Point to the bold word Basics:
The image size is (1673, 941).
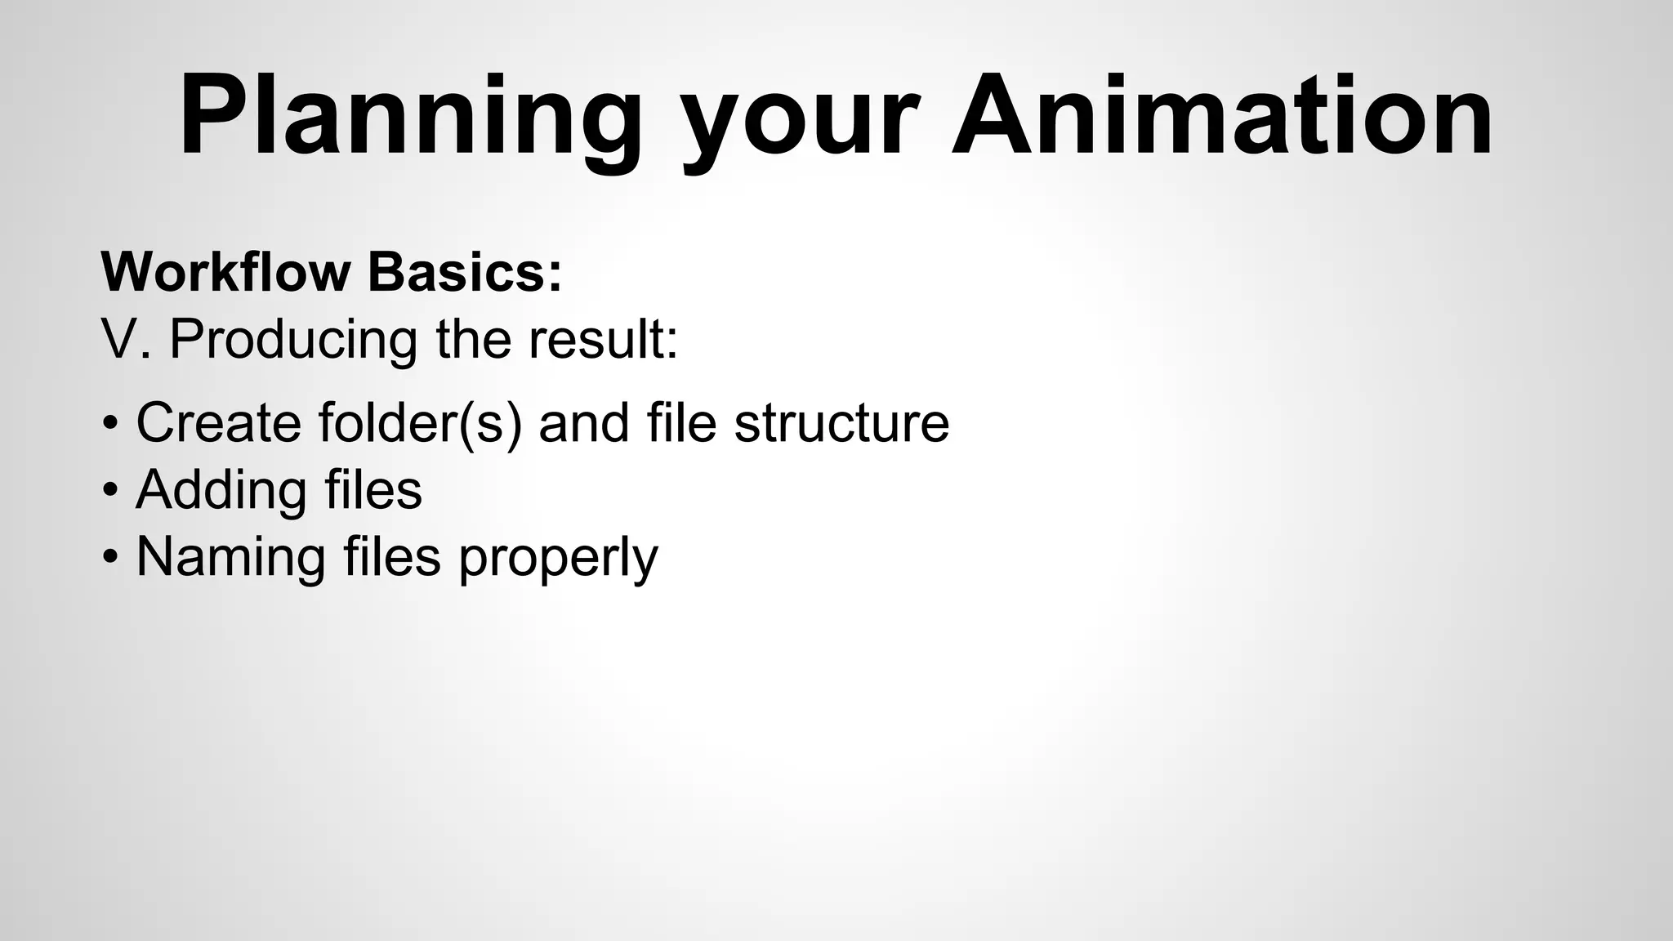coord(465,271)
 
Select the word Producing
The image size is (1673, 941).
coord(293,338)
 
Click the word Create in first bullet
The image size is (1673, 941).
coord(218,422)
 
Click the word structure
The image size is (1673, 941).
coord(841,422)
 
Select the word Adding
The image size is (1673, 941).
coord(221,490)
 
